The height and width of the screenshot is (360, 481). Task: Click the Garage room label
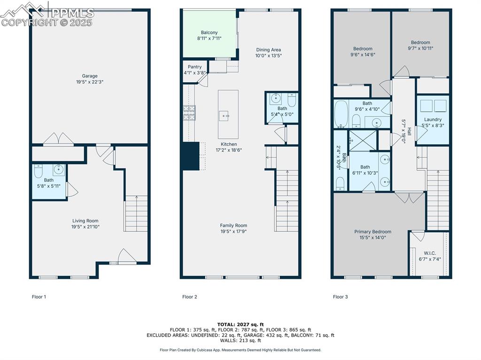coord(90,76)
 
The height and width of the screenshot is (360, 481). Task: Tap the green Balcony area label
coord(209,33)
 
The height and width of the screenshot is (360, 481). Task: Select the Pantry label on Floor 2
coord(194,67)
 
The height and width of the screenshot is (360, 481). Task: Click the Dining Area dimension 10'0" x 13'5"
coord(268,56)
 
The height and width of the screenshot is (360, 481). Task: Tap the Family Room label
coord(233,226)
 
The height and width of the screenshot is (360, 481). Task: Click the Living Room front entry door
coord(127,256)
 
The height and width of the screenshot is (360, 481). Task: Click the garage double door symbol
coord(58,139)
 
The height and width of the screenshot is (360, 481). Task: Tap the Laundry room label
coord(433,120)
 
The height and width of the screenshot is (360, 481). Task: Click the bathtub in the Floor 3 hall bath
coord(341,114)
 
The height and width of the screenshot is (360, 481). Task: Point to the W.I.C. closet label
coord(429,253)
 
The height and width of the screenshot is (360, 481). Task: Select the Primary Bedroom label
coord(372,232)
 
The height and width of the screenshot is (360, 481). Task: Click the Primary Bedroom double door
coord(409,198)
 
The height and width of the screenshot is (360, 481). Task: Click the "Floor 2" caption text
coord(190,297)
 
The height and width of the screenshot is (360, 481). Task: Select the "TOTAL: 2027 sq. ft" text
coord(240,324)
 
